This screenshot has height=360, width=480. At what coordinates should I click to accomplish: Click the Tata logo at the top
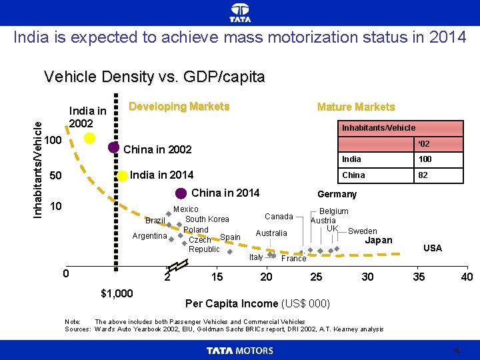(x=240, y=13)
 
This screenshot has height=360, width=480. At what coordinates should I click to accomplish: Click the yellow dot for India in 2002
(x=89, y=138)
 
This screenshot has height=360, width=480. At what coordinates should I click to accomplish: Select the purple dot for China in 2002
(x=114, y=149)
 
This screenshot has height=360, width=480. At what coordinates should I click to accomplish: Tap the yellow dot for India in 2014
(x=123, y=176)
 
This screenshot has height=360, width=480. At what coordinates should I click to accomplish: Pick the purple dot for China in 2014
(x=181, y=193)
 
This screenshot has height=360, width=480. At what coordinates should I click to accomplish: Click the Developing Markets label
(x=179, y=107)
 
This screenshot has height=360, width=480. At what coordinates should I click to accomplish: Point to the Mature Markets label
(x=356, y=107)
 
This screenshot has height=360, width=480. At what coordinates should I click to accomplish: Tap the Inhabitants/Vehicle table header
(x=378, y=127)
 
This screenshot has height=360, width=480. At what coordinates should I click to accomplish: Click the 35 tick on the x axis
(x=419, y=277)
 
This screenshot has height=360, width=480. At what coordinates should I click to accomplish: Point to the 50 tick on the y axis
(x=56, y=176)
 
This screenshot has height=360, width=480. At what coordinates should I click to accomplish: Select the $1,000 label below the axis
(x=116, y=293)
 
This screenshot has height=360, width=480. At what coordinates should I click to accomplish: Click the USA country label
(x=433, y=248)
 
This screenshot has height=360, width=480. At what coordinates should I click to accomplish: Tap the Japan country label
(x=379, y=240)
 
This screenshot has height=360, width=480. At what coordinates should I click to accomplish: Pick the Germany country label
(x=337, y=194)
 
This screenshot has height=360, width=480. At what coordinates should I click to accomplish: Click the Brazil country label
(x=155, y=221)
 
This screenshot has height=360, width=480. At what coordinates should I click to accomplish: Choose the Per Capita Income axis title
(x=257, y=304)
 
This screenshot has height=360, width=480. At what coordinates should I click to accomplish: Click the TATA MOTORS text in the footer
(x=240, y=351)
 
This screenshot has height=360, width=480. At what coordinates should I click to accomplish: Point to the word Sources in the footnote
(x=77, y=329)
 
